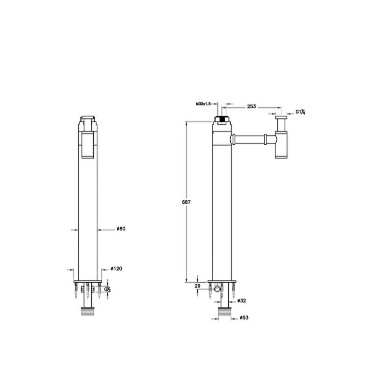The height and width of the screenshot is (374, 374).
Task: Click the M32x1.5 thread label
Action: pos(203,104)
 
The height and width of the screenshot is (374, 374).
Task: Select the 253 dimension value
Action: pos(251,107)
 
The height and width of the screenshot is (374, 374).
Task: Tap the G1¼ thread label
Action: pos(300,112)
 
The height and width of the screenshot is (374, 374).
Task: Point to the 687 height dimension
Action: pos(187,202)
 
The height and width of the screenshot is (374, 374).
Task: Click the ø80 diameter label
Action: pos(121,229)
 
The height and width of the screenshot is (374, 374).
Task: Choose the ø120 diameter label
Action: pos(116,268)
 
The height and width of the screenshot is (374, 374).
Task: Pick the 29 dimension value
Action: pos(197,286)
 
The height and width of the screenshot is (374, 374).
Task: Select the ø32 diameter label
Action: pos(241,301)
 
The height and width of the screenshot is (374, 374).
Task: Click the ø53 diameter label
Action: pos(244,318)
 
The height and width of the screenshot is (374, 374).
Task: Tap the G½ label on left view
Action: pos(107,289)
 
